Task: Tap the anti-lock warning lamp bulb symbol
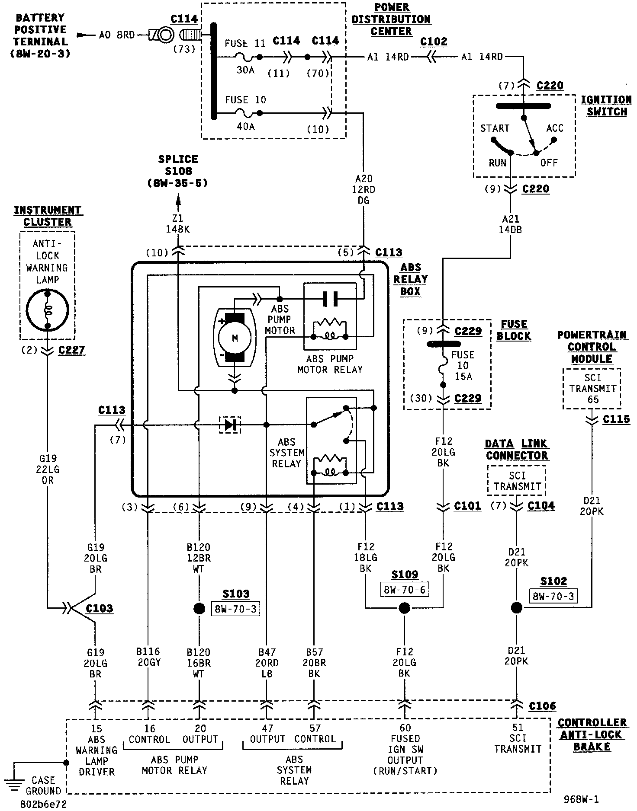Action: tap(48, 310)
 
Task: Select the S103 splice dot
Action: tap(199, 609)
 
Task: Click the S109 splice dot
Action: tap(404, 609)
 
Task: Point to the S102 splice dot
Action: tap(517, 608)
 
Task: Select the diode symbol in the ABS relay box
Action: tap(230, 425)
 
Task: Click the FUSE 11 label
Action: tap(245, 44)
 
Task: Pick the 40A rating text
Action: tap(245, 127)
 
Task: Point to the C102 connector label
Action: tap(434, 42)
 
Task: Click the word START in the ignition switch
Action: tap(495, 128)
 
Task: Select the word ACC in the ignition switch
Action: tap(555, 128)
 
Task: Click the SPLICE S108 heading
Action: tap(178, 165)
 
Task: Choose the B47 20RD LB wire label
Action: tap(267, 663)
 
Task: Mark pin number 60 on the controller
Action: tap(405, 728)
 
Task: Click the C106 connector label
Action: tap(543, 706)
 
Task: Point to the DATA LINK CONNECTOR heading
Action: tap(517, 450)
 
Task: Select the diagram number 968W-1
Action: tap(581, 799)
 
